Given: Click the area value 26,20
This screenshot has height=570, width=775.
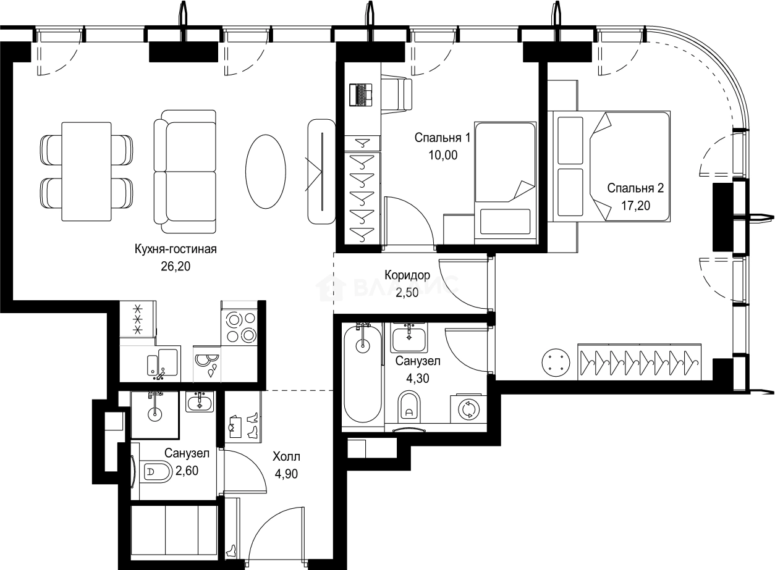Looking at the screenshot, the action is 176,266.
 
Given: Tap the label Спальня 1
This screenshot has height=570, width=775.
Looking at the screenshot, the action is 443,138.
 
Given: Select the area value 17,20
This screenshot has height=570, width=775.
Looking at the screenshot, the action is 635,206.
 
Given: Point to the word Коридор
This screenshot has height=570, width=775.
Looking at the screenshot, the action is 407,275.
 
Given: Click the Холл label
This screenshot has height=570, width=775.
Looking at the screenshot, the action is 286,456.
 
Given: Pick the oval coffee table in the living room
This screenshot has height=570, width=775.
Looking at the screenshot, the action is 266,172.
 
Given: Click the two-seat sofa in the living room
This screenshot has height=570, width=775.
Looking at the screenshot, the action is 185,172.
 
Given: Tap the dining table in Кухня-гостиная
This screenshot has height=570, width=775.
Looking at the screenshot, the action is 87,172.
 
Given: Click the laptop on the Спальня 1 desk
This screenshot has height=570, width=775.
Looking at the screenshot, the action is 361,94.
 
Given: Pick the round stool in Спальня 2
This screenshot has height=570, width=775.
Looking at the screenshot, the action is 556,363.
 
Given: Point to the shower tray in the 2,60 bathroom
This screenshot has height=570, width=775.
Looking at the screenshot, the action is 155,415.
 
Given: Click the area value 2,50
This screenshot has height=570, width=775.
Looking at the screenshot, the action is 407,293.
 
